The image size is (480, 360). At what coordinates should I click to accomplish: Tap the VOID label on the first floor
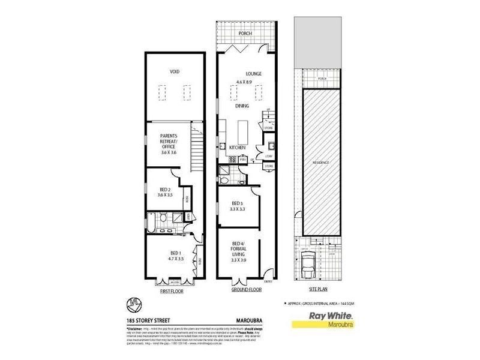pyautogui.click(x=174, y=71)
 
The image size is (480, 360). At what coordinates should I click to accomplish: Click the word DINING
pyautogui.click(x=242, y=106)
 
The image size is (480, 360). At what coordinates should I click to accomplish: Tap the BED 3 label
pyautogui.click(x=238, y=204)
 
